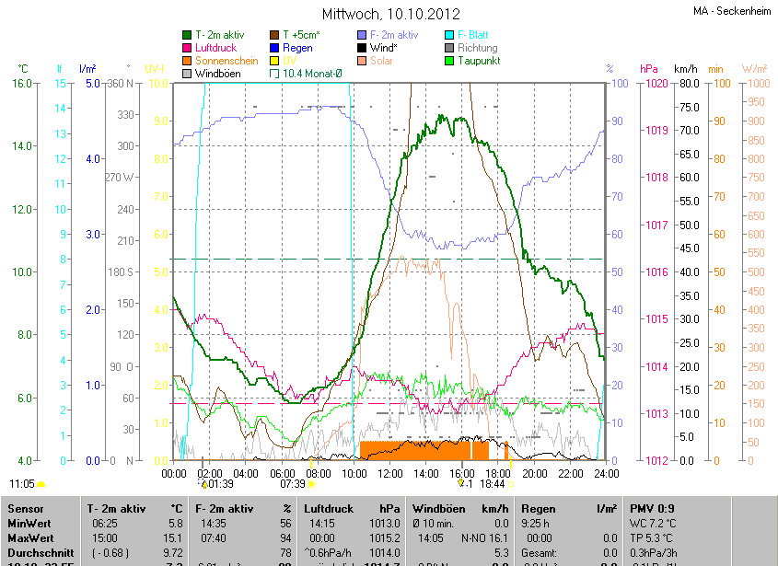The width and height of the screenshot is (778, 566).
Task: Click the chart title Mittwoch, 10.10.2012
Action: point(390,15)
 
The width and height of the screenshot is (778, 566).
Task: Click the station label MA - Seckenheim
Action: point(733,11)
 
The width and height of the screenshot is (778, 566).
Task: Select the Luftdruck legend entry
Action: point(217,48)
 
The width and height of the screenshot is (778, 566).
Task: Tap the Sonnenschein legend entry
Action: point(226,61)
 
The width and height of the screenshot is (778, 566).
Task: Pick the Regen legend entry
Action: point(297,48)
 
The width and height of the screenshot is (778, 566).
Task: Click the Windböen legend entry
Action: point(217,74)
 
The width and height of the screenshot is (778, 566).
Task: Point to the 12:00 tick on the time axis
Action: point(390,473)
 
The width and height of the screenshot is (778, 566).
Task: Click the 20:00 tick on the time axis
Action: point(534,473)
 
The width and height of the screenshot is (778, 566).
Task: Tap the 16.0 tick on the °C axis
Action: point(23,84)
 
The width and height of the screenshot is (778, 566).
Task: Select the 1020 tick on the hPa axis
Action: point(656,84)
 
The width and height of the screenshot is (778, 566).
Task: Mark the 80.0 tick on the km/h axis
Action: point(688,84)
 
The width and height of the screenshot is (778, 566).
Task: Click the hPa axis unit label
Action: point(649,69)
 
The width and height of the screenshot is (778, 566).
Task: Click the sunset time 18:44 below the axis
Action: point(494,483)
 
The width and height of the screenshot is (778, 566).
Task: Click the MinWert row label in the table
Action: point(29,523)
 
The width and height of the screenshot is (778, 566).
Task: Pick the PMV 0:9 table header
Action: point(652,508)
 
